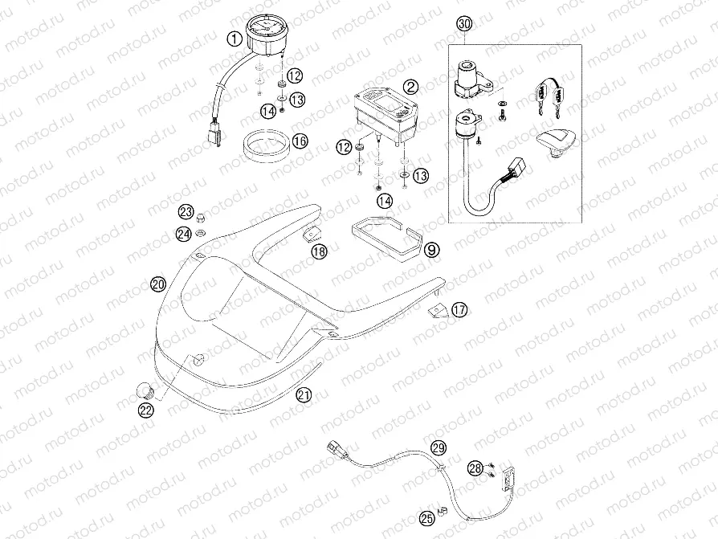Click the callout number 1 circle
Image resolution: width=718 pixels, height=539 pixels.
click(234, 38)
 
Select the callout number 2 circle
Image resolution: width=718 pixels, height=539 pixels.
click(410, 87)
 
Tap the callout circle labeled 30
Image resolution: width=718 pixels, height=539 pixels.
click(463, 24)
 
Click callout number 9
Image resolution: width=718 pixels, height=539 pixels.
click(431, 251)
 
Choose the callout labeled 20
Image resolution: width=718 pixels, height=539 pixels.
click(157, 284)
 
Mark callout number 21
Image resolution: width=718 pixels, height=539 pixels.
click(303, 394)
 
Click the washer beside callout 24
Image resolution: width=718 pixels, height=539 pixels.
click(202, 233)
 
